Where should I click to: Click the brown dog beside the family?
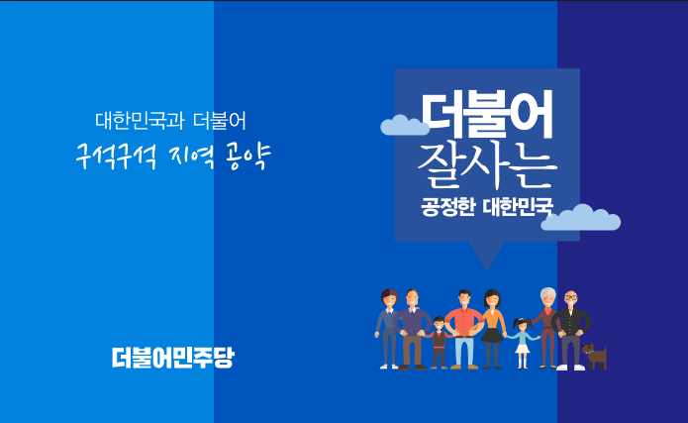point(595,356)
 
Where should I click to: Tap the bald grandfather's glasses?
point(570,297)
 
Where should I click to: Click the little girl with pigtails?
point(522,344)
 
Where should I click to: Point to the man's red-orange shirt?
point(464,322)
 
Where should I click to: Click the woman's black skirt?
point(493,335)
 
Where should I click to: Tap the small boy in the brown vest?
point(439,343)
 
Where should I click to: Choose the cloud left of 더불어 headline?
point(405,126)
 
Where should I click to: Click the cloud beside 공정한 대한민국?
point(580,218)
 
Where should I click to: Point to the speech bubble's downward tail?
point(487,255)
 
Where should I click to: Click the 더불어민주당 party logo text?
point(173,358)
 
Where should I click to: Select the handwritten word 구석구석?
point(116,157)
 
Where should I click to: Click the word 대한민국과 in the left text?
point(140,121)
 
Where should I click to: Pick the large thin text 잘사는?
point(487,165)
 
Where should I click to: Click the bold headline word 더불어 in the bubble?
point(487,115)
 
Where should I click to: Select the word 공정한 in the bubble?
point(447,207)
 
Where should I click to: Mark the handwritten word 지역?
point(191,157)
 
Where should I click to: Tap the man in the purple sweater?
point(412,329)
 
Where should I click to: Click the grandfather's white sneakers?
point(570,368)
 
